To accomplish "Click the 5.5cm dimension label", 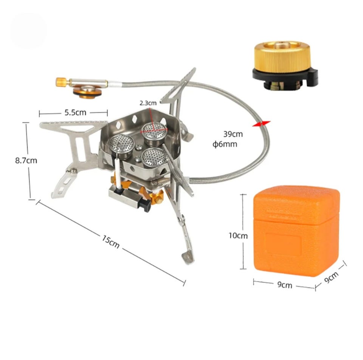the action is pos(75,113).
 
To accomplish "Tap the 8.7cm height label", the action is pos(26,161).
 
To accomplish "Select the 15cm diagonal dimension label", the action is pos(111,242).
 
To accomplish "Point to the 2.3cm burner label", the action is pos(148,103).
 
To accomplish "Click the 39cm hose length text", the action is pos(233,134).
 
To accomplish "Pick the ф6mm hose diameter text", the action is pos(225,144).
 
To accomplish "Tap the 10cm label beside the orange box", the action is pos(238,235).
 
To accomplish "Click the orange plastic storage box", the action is pos(296,231).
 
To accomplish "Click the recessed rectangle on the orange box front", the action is pos(283,244).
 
